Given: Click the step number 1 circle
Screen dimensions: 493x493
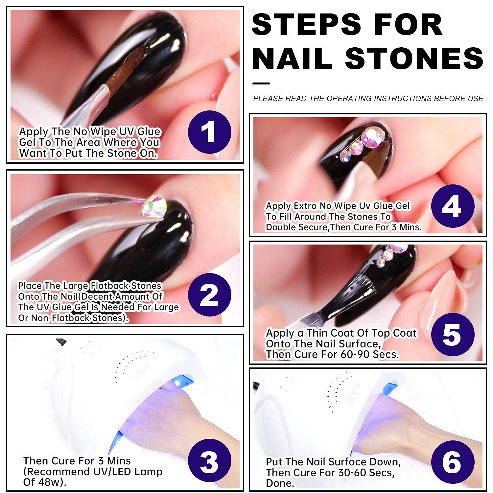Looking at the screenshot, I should pos(209,132).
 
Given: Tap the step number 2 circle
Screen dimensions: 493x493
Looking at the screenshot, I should pos(209,295).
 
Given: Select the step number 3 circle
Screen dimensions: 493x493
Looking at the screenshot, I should pos(209,460).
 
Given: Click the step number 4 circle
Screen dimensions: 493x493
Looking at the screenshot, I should pos(453,206).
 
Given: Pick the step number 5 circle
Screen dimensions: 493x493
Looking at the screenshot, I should pos(453,335).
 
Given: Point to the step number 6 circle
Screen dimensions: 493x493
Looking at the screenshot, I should pos(453,462).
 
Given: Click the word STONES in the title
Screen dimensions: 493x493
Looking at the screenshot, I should pos(414,58).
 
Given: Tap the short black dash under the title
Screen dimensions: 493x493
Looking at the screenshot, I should pos(261,83).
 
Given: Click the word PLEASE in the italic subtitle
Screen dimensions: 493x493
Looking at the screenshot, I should pos(268,99).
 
